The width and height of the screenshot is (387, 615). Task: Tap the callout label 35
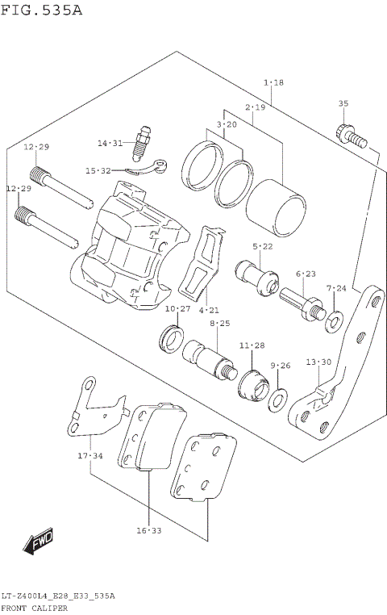pyautogui.click(x=343, y=104)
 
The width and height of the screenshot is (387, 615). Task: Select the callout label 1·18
pyautogui.click(x=273, y=83)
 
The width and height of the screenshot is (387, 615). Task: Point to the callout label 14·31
pyautogui.click(x=110, y=144)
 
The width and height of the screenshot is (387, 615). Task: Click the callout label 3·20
pyautogui.click(x=226, y=124)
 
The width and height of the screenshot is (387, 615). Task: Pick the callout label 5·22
pyautogui.click(x=263, y=246)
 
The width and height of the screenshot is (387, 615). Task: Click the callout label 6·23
pyautogui.click(x=305, y=274)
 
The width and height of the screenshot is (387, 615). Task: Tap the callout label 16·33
pyautogui.click(x=149, y=530)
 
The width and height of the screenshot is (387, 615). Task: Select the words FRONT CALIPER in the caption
pyautogui.click(x=34, y=609)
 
